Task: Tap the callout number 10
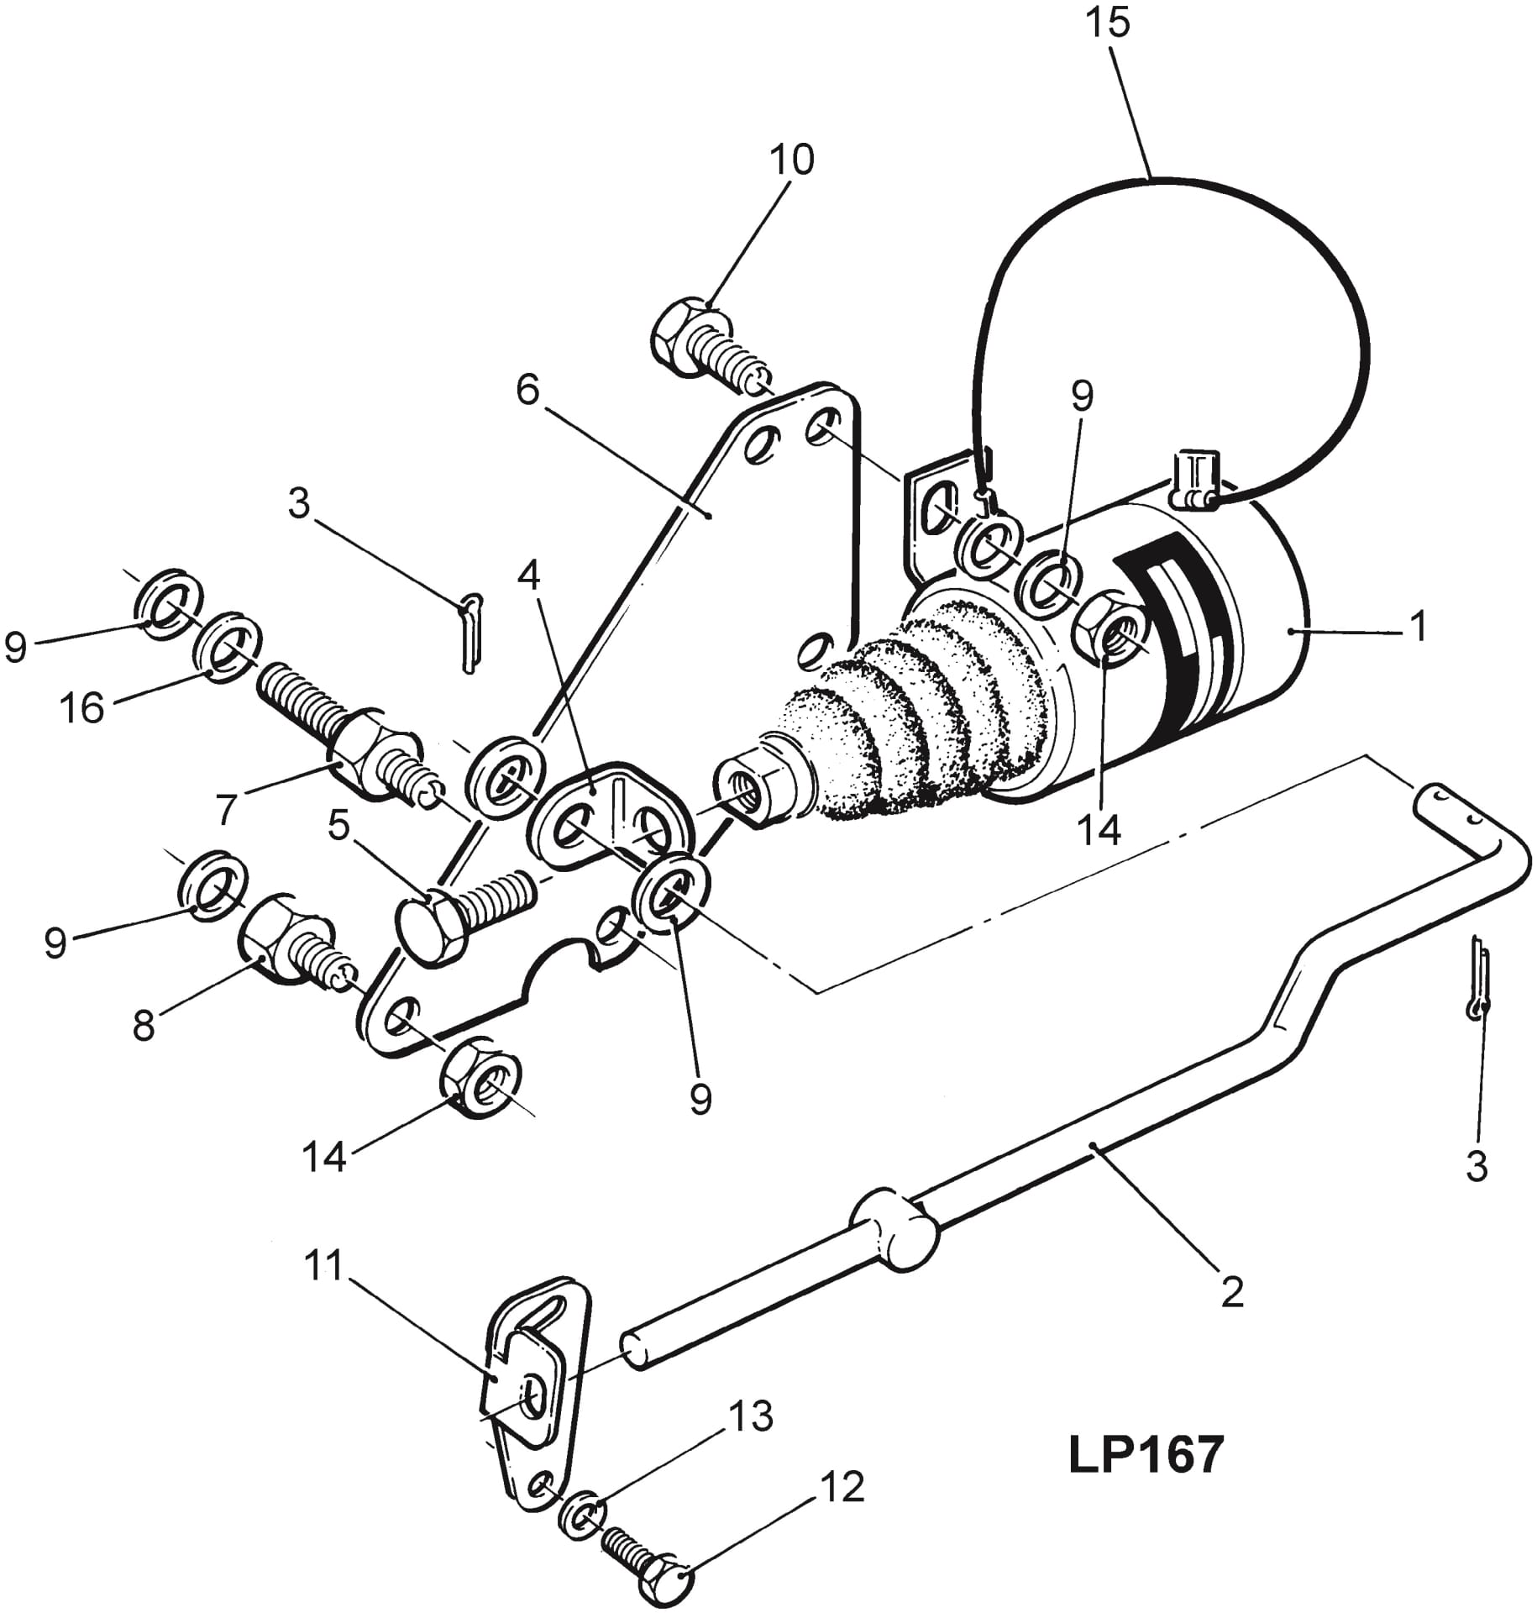(x=791, y=160)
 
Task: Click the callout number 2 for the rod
(x=1231, y=1292)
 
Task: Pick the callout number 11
(x=323, y=1266)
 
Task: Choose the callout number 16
(x=82, y=708)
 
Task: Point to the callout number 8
(x=144, y=1026)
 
